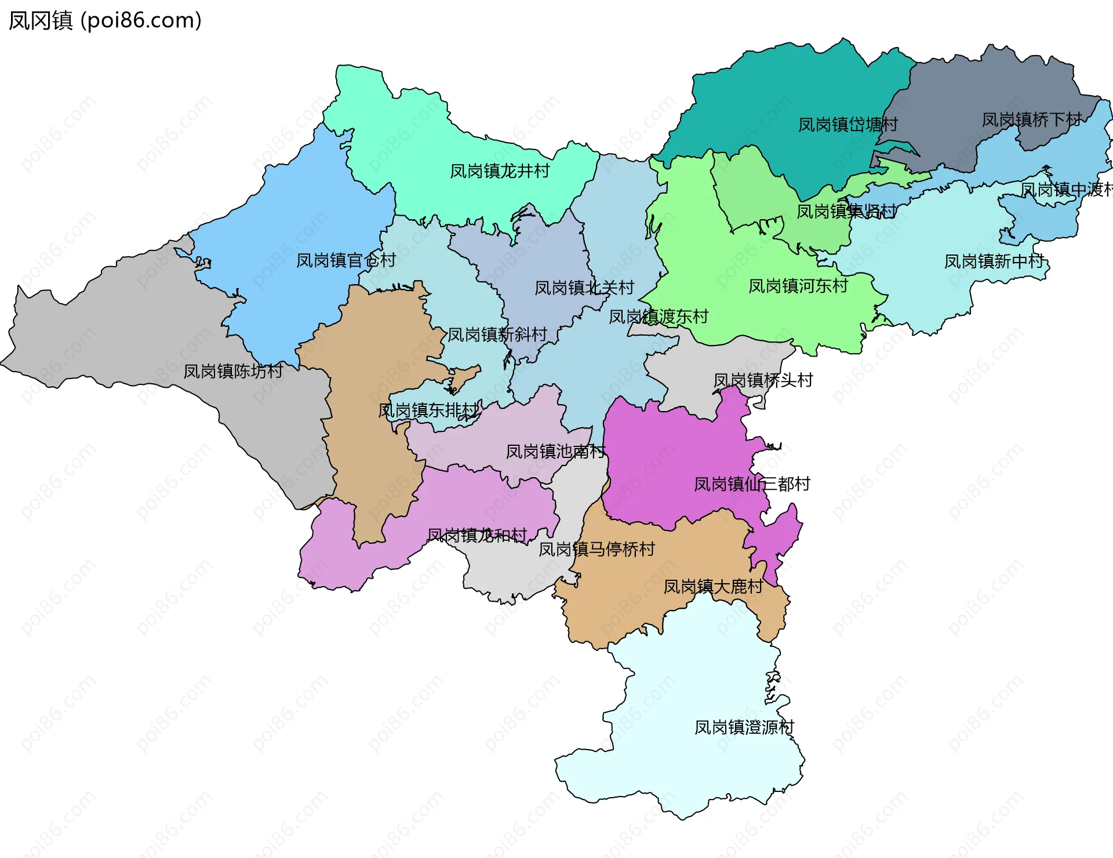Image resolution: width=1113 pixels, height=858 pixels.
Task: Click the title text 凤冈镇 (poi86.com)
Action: tap(105, 21)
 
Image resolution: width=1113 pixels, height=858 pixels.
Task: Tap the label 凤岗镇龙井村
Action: tap(500, 172)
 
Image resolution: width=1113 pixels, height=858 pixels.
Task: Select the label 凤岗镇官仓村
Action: tap(346, 261)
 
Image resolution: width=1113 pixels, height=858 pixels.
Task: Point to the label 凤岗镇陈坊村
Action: tap(233, 372)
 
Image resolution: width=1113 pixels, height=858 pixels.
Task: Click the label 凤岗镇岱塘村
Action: tap(848, 125)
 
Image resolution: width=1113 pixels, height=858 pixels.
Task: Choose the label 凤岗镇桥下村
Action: tap(1031, 120)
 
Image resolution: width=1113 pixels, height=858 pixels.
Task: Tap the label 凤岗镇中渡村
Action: tap(1065, 190)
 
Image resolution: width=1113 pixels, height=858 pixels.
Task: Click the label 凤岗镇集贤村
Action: tap(846, 212)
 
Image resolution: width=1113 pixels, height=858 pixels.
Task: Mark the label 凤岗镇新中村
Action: tap(994, 262)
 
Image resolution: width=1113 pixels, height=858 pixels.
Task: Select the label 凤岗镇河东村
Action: tap(798, 286)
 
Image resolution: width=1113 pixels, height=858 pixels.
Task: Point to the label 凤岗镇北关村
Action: tap(584, 288)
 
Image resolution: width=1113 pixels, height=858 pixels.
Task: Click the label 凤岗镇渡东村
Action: tap(659, 317)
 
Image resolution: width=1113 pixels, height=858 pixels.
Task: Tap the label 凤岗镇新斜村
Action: tap(497, 335)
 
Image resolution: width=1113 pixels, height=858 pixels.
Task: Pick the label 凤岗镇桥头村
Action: tap(763, 381)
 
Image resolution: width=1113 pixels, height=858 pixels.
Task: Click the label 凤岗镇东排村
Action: tap(429, 411)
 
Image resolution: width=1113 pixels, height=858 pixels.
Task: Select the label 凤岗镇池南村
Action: tap(555, 452)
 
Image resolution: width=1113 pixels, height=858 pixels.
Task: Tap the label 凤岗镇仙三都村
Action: tap(752, 485)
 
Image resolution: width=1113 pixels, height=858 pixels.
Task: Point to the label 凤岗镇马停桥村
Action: tap(596, 550)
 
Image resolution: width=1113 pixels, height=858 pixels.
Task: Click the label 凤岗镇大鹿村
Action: tap(713, 587)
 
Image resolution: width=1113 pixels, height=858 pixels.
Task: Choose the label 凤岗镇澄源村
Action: tap(744, 728)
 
